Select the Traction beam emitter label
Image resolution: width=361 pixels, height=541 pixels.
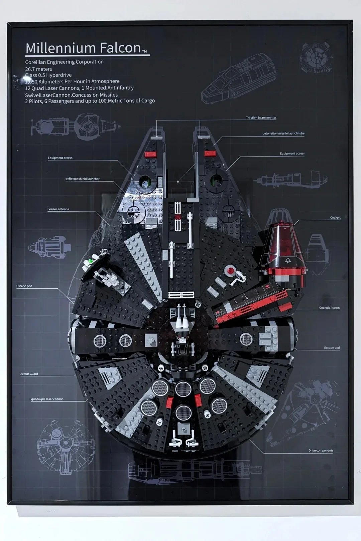(x=261, y=118)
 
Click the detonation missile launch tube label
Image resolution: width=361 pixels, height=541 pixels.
(x=283, y=133)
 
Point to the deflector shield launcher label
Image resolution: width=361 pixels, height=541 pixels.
(x=82, y=179)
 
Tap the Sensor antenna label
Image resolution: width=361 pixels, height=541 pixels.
(x=58, y=209)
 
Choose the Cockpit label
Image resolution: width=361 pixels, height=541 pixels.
(x=335, y=218)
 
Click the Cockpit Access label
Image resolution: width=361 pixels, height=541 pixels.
(x=329, y=308)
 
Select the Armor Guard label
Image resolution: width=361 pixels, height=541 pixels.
(x=29, y=374)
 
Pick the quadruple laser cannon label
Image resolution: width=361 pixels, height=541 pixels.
(x=47, y=399)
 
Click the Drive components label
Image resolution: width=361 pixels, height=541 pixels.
(x=321, y=451)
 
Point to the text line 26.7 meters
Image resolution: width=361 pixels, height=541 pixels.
(x=38, y=69)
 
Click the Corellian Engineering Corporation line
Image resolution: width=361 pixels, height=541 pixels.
(x=64, y=62)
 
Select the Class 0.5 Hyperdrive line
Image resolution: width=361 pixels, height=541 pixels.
(x=48, y=75)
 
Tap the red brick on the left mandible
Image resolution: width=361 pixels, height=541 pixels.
(x=150, y=154)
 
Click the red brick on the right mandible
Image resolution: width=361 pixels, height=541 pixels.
(x=210, y=154)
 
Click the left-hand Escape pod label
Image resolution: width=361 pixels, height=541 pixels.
(x=24, y=286)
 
